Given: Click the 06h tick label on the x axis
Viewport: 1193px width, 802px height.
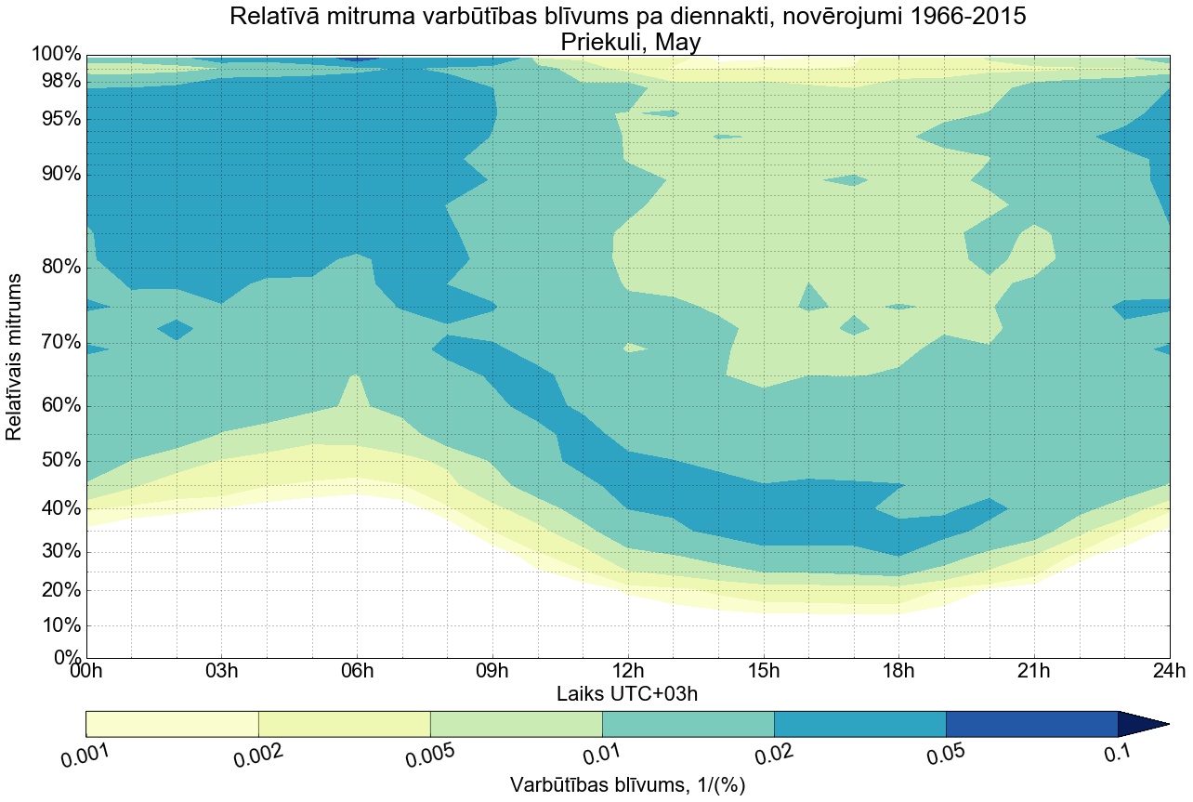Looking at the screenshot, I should (x=357, y=671).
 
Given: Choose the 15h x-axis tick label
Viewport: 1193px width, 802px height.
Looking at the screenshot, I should (x=763, y=671).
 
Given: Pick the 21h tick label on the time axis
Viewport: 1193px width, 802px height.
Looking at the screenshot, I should (x=1033, y=671).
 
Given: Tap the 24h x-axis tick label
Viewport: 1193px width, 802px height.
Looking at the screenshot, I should (x=1168, y=671).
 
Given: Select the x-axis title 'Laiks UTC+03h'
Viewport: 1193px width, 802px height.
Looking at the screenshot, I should (x=627, y=693).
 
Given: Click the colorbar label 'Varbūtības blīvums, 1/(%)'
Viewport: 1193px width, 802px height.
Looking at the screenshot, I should (x=627, y=785).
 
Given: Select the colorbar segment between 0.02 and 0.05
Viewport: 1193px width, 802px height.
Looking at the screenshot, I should (x=859, y=724).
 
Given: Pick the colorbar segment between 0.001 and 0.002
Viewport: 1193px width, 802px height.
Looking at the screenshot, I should (x=172, y=724).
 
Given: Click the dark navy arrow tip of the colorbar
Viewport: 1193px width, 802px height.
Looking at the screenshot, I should (x=1143, y=724).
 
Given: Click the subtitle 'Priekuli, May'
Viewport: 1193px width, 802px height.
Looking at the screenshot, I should (x=627, y=42).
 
